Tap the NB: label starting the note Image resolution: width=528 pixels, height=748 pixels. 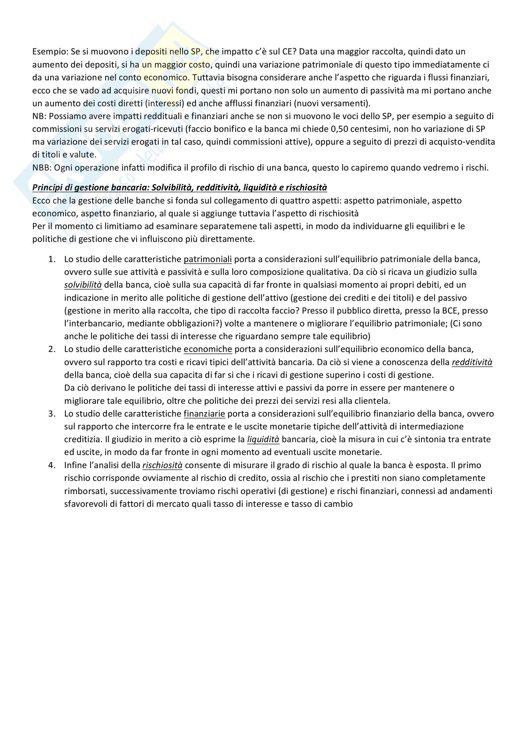tap(39, 116)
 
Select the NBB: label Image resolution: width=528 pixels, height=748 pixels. tap(42, 168)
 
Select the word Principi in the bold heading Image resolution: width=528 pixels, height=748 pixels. tap(47, 188)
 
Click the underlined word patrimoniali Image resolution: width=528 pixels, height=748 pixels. tap(208, 259)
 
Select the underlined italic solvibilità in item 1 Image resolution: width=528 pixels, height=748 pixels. tap(83, 285)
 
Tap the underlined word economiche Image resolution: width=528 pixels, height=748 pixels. tap(208, 349)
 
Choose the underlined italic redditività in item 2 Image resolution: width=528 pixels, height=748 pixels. tap(471, 362)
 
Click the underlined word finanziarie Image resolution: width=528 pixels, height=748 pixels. tap(204, 414)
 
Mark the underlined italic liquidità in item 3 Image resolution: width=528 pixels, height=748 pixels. tap(263, 440)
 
